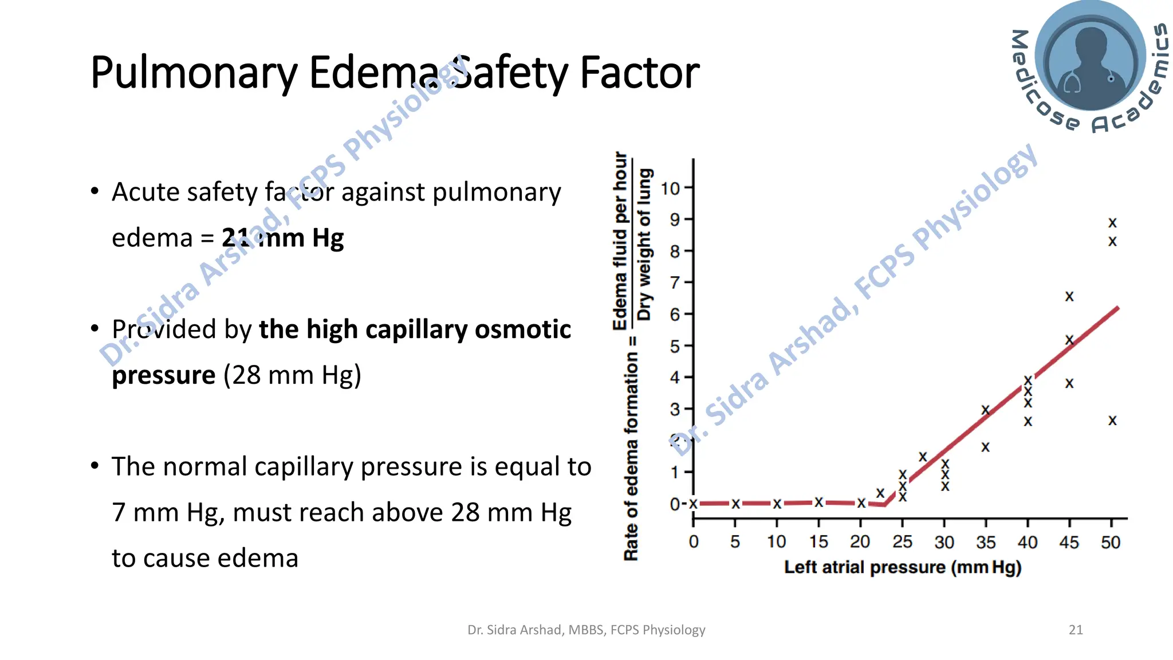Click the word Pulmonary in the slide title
(x=194, y=73)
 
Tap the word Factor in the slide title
(x=639, y=73)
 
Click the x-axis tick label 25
(x=902, y=542)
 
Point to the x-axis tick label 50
(x=1111, y=542)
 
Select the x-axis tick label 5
(x=735, y=542)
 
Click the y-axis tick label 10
(x=670, y=188)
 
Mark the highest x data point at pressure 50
(x=1112, y=222)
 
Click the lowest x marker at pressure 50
(x=1112, y=421)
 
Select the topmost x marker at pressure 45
(x=1069, y=296)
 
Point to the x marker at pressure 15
(x=819, y=502)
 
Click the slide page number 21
(x=1076, y=630)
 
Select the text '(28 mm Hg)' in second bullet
(x=292, y=375)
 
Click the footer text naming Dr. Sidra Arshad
(x=586, y=630)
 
